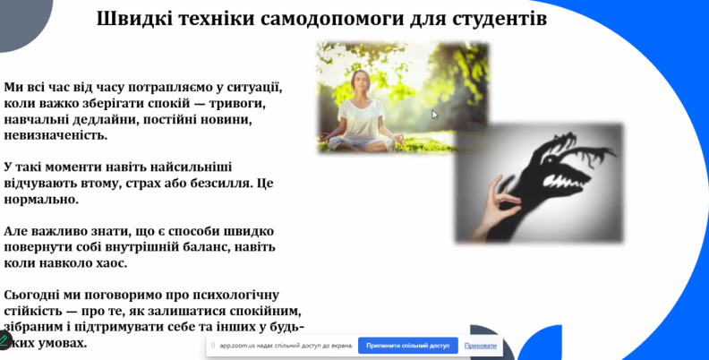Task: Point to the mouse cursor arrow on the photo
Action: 435,115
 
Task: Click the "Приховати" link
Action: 481,346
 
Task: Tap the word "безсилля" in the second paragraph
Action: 216,183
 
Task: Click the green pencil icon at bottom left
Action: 4,340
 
